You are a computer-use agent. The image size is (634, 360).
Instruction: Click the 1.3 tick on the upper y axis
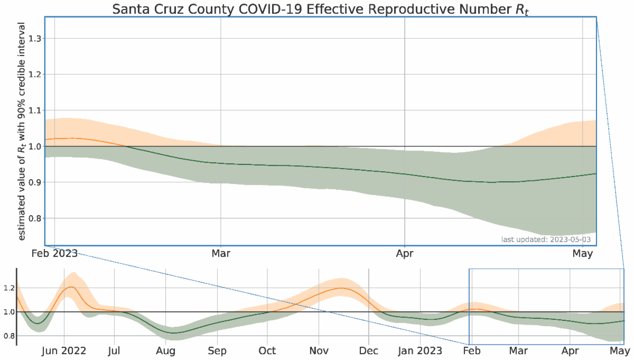coord(35,39)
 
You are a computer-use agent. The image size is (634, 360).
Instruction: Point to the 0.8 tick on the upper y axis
coord(35,218)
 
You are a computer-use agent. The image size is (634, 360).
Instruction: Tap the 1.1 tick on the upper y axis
coord(35,110)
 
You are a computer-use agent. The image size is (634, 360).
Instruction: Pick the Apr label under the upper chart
coord(405,253)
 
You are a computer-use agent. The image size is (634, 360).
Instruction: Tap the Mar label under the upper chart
coord(221,253)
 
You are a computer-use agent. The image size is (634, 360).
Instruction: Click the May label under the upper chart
coord(583,253)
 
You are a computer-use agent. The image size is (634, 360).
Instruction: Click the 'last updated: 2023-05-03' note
coord(546,240)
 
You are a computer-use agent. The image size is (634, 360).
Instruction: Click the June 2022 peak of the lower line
coord(70,287)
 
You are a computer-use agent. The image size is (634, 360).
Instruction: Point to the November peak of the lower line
coord(341,288)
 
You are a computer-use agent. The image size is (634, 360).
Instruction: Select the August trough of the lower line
coord(174,333)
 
